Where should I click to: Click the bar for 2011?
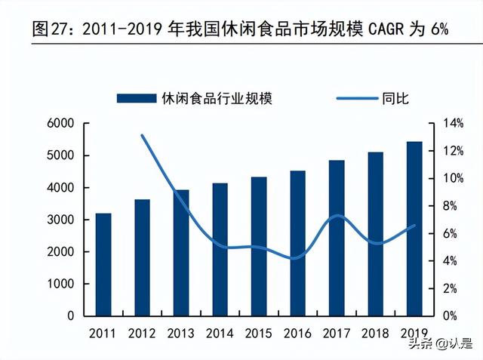pyautogui.click(x=103, y=264)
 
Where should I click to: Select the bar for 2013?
pyautogui.click(x=181, y=252)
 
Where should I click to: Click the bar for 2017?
pyautogui.click(x=337, y=238)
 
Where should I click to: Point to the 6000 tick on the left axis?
pyautogui.click(x=61, y=124)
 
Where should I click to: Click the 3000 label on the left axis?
pyautogui.click(x=61, y=220)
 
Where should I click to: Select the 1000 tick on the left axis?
pyautogui.click(x=61, y=284)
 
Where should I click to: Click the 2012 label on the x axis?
pyautogui.click(x=142, y=333)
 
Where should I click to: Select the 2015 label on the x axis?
pyautogui.click(x=259, y=333)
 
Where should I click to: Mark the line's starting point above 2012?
pyautogui.click(x=142, y=135)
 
